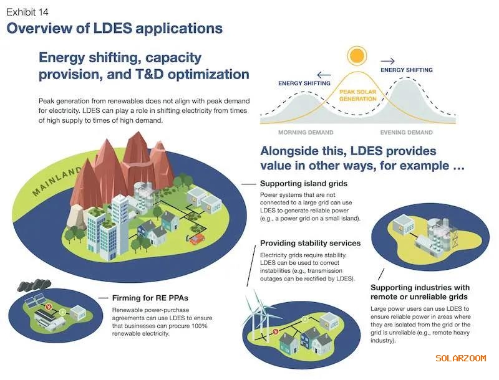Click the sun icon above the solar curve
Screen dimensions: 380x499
(x=357, y=55)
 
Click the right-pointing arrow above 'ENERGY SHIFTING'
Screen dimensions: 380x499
(x=387, y=61)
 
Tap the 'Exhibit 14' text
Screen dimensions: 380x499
(x=27, y=12)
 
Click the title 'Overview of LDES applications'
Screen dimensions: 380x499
(x=114, y=28)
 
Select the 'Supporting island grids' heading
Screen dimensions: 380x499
(x=303, y=184)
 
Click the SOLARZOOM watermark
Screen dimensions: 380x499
(x=460, y=358)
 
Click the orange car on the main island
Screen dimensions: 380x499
(x=198, y=238)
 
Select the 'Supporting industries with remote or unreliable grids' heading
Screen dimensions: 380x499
(x=420, y=292)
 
